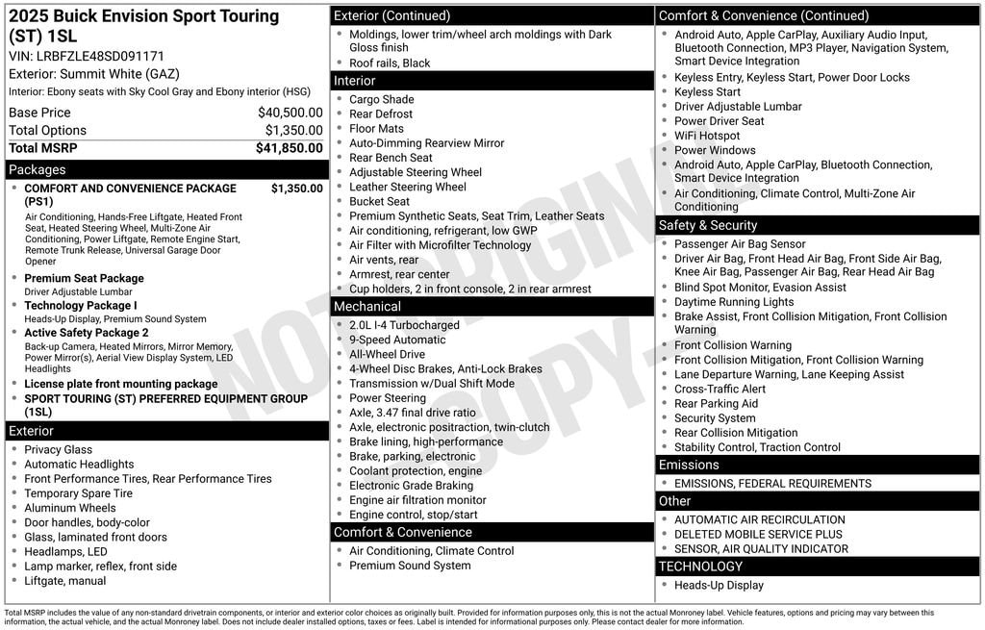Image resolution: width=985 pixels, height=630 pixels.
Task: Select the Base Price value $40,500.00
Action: point(290,113)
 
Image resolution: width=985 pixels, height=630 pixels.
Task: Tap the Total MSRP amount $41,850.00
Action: point(289,148)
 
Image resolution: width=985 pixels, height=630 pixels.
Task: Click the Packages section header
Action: point(38,170)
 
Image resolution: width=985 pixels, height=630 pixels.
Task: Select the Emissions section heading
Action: point(689,466)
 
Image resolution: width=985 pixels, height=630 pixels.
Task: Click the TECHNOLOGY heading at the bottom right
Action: point(700,567)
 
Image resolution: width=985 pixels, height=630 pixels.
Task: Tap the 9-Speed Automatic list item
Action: point(397,340)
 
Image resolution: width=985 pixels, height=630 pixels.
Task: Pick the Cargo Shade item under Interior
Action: point(382,99)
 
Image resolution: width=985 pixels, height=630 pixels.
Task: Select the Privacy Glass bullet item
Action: point(59,449)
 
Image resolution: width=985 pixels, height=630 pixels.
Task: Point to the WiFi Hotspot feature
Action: point(707,136)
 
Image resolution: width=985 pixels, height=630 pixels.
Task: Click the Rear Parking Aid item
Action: point(716,404)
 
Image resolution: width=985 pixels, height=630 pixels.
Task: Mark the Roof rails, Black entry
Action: point(390,63)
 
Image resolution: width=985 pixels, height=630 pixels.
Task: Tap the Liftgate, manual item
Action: point(64,581)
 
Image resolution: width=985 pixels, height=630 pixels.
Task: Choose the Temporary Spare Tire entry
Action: point(78,493)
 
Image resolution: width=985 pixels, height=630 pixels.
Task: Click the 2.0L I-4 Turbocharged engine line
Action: point(404,325)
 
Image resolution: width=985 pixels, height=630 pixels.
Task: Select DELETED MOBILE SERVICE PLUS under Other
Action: point(758,534)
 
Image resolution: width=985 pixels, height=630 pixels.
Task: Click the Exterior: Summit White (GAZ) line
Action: point(94,74)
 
